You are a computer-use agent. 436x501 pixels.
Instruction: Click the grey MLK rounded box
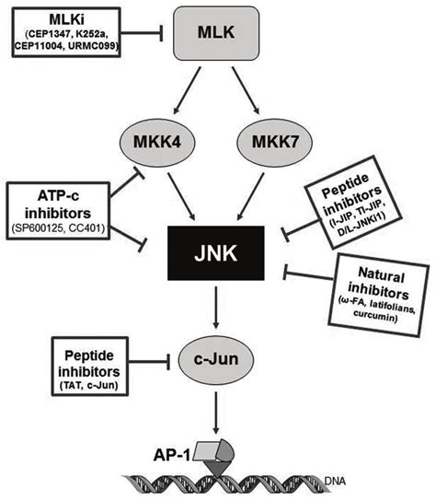click(x=216, y=33)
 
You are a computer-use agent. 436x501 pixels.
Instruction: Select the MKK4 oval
click(x=157, y=143)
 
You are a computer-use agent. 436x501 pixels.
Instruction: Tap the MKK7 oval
click(x=274, y=143)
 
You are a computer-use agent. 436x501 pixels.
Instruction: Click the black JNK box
click(x=216, y=253)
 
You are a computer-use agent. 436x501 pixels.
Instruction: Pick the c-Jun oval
click(x=216, y=360)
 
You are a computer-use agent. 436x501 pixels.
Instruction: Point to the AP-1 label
click(x=172, y=455)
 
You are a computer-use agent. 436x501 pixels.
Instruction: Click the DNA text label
click(x=335, y=481)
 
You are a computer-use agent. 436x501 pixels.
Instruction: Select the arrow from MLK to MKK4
click(x=187, y=90)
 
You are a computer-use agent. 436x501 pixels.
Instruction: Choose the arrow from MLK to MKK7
click(x=246, y=90)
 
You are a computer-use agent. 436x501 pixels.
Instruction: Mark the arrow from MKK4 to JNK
click(x=181, y=196)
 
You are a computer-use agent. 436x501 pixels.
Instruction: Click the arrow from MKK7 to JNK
click(x=250, y=196)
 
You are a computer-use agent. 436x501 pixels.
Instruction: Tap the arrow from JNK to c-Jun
click(x=216, y=308)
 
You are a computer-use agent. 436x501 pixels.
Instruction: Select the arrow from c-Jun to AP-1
click(x=216, y=413)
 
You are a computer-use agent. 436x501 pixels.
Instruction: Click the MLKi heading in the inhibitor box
click(x=67, y=20)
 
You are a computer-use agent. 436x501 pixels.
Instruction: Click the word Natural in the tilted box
click(x=382, y=275)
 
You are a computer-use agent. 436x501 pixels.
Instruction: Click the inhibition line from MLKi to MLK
click(x=142, y=33)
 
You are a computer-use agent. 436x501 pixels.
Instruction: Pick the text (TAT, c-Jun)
click(x=89, y=386)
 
